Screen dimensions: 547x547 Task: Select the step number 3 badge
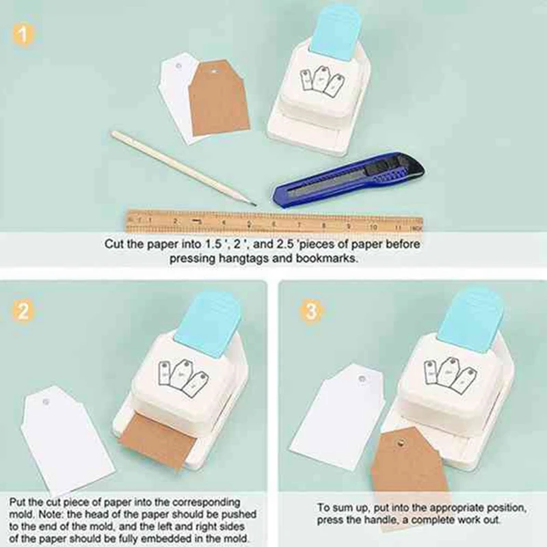click(312, 311)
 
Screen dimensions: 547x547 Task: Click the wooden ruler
click(273, 221)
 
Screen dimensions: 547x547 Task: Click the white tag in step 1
click(174, 103)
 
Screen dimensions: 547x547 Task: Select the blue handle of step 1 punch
click(334, 27)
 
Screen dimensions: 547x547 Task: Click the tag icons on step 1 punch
click(321, 81)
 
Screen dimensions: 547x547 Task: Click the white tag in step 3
click(335, 417)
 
